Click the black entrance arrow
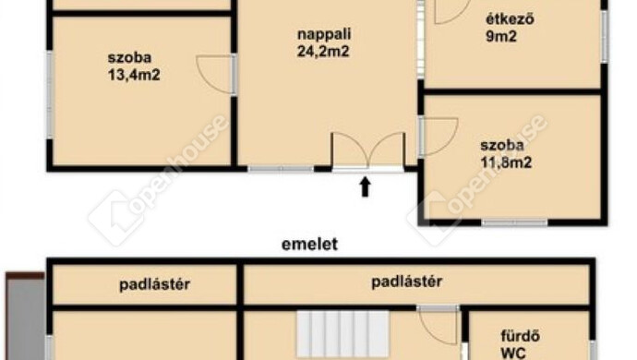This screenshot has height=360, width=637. point(366,186)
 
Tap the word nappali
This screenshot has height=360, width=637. point(324,34)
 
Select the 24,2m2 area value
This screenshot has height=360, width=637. point(323,52)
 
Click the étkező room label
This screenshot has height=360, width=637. point(510,18)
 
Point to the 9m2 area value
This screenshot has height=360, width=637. point(501,37)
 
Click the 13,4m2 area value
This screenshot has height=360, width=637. point(134,75)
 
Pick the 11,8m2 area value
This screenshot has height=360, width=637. point(506,162)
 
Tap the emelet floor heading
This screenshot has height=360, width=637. point(309,245)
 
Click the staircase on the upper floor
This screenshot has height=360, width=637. point(343,334)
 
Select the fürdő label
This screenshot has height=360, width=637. point(520,336)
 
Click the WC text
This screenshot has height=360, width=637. point(513,353)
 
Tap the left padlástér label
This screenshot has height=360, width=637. point(154,284)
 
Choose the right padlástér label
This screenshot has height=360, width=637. point(406,282)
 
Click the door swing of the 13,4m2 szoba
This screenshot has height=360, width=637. point(215,75)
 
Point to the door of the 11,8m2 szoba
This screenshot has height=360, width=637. point(439,137)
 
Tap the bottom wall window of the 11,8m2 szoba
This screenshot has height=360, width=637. point(515,222)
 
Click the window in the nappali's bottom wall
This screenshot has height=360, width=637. point(281,169)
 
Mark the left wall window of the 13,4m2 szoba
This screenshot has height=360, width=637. point(50,95)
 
